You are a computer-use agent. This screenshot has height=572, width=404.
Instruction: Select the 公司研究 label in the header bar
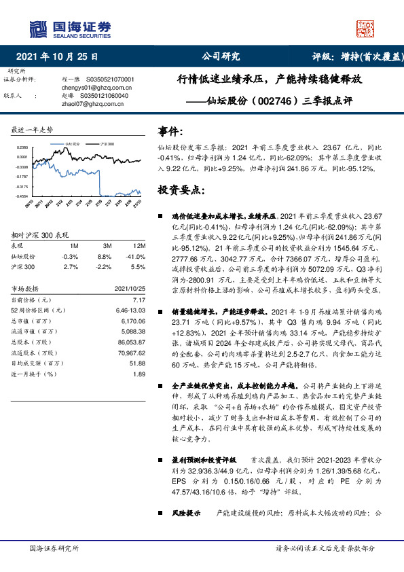[221, 57]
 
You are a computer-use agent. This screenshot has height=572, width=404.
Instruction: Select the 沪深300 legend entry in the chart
[107, 144]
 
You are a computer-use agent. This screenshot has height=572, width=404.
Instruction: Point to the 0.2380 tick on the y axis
[22, 147]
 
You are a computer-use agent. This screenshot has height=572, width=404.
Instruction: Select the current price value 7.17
[139, 300]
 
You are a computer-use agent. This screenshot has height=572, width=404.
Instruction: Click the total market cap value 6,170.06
[132, 319]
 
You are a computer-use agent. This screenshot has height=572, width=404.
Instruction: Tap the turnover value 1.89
[139, 374]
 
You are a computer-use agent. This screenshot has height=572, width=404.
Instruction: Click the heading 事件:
[170, 131]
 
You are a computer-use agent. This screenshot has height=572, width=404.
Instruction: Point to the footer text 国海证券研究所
[55, 548]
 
